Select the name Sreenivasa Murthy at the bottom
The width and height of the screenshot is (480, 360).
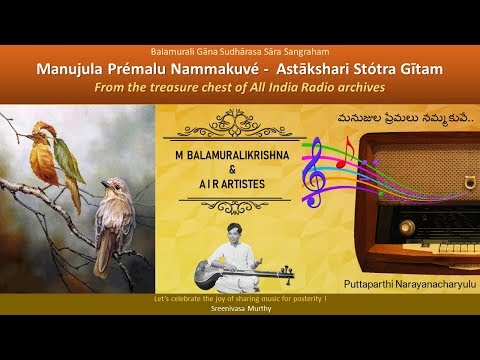pyautogui.click(x=240, y=308)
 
